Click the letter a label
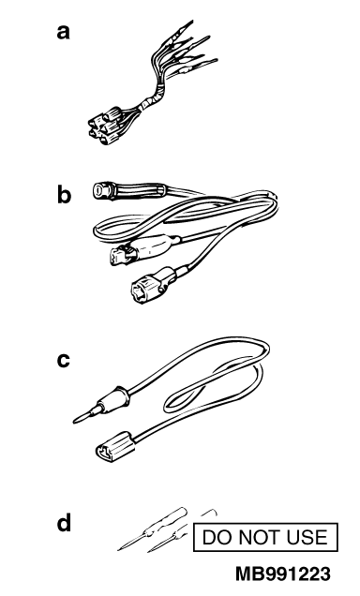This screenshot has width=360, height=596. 64,32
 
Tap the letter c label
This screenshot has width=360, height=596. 64,361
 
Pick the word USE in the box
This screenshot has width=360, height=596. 307,537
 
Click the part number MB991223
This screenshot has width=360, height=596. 283,574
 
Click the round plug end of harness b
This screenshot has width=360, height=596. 102,189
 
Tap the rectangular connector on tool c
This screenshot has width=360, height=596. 115,447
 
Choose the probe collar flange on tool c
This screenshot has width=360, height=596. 124,395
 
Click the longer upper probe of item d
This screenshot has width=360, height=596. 153,529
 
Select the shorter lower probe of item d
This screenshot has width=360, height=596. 167,539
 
